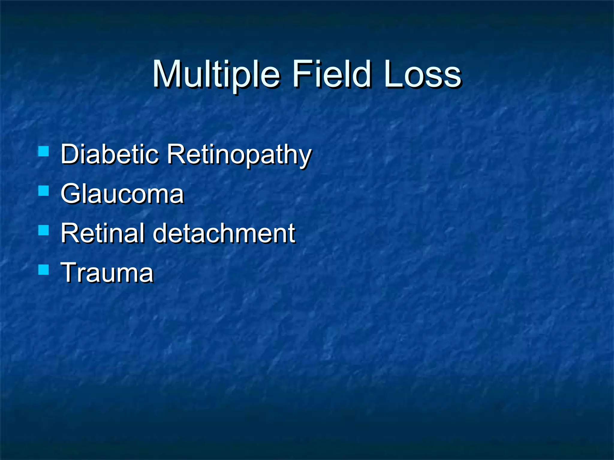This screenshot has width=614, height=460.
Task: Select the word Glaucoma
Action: [122, 194]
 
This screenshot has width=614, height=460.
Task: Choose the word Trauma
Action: [107, 273]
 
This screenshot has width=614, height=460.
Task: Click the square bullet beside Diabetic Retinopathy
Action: [44, 151]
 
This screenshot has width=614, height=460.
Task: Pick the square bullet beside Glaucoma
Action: [44, 191]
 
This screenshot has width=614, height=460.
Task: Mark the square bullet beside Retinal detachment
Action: [44, 230]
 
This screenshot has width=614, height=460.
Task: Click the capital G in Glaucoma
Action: [72, 194]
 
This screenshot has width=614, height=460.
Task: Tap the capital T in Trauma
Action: [70, 273]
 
